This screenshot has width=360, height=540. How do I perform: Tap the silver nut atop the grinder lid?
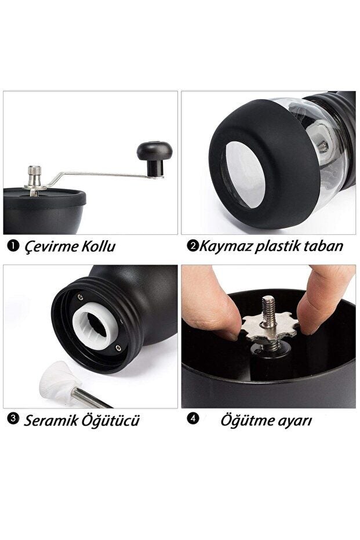click(x=35, y=176)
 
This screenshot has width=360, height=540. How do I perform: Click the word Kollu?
click(x=99, y=247)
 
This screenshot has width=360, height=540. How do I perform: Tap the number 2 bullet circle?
click(x=192, y=246)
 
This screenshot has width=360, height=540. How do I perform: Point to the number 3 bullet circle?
click(x=13, y=419)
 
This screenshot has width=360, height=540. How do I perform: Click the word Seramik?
click(x=50, y=421)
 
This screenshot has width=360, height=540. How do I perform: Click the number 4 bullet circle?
click(x=193, y=419)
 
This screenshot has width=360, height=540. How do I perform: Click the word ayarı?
click(x=294, y=422)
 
